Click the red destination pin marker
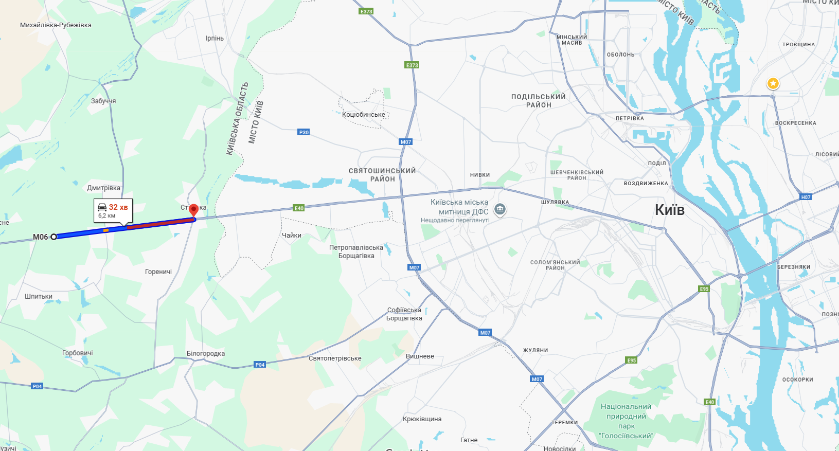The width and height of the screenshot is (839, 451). click(193, 210)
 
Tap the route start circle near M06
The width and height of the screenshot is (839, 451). click(53, 237)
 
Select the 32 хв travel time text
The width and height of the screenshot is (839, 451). click(118, 207)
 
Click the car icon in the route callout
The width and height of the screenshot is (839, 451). click(102, 207)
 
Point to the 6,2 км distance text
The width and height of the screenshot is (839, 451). click(107, 216)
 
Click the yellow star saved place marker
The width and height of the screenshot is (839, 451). click(773, 83)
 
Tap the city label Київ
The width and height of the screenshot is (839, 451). click(670, 210)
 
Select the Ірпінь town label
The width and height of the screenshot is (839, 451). click(215, 39)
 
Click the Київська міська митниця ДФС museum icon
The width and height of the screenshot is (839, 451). click(499, 209)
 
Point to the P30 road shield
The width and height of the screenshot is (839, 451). click(304, 132)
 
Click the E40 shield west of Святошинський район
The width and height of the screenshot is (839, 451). click(299, 208)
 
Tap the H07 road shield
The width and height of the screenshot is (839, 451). click(806, 197)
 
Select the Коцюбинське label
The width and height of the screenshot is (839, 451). click(364, 115)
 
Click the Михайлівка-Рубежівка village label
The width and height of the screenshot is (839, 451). click(56, 25)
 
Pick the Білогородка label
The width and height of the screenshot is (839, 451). click(206, 354)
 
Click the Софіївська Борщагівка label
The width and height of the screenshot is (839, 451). click(404, 314)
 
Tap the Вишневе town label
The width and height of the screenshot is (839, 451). click(420, 356)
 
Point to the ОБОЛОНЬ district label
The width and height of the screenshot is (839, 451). click(620, 55)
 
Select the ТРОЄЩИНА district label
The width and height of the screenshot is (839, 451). click(798, 45)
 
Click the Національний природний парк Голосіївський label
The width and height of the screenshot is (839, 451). click(626, 421)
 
